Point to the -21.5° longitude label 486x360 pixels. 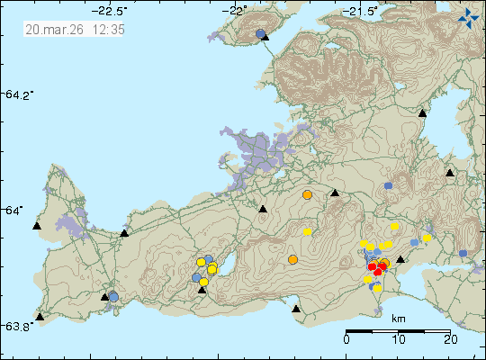pos(363,11)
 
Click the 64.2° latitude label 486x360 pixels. pos(19,94)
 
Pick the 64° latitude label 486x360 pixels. pos(15,210)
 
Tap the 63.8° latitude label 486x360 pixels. pos(19,325)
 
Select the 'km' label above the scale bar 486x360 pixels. pos(399,319)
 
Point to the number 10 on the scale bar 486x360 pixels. pos(398,340)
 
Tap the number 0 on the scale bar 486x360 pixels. pos(347,340)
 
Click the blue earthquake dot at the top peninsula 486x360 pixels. pos(260,33)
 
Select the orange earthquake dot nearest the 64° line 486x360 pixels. pos(307,194)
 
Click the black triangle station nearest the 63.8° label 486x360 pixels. pos(40,317)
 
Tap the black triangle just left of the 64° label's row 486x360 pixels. pos(37,227)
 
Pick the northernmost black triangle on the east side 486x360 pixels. pos(422,113)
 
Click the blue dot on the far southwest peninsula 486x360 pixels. pos(113,296)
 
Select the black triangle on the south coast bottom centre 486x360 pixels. pos(296,309)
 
